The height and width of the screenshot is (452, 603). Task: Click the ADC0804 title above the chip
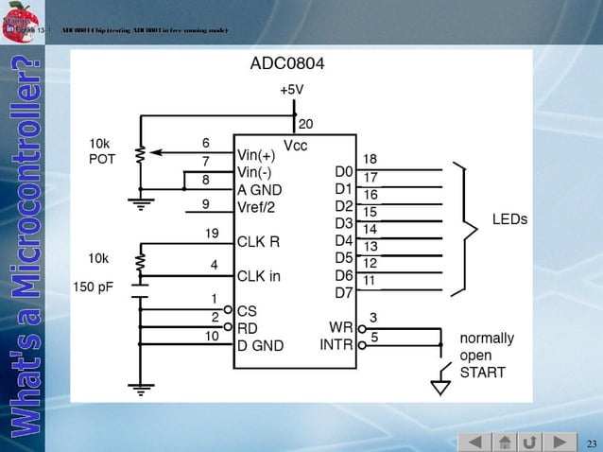coord(286,65)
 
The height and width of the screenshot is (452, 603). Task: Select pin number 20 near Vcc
coord(306,124)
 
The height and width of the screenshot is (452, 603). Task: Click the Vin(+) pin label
coord(257,155)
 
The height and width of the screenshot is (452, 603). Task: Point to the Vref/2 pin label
coord(258,206)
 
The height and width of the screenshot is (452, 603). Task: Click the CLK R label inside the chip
coord(258,241)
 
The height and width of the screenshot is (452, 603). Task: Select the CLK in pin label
coord(259,276)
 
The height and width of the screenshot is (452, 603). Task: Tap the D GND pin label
coord(260,345)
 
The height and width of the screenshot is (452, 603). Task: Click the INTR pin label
coord(336,345)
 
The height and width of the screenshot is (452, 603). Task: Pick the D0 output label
coord(343,172)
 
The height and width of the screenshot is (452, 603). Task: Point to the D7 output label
coord(343,292)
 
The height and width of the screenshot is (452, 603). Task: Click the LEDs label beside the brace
coord(509,218)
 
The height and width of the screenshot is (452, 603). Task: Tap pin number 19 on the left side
coord(213,233)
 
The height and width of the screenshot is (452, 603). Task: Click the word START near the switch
coord(482,372)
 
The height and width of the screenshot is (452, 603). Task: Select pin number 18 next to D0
coord(370,159)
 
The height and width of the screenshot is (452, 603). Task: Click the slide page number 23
coord(592,443)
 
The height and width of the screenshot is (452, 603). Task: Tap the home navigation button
coord(506,443)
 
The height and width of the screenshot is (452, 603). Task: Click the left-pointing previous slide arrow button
coord(475,443)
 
